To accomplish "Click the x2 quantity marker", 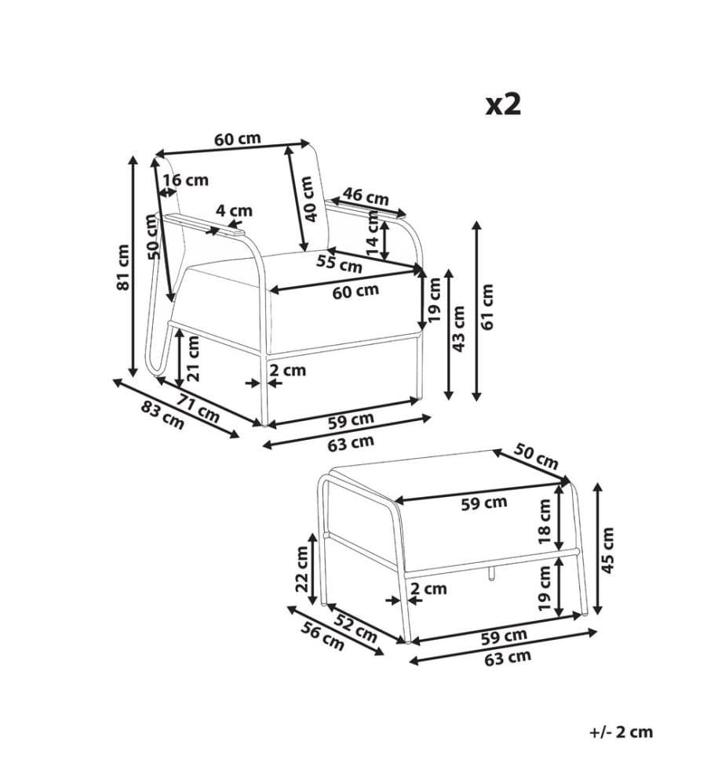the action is pos(504,105).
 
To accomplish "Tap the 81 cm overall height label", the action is pos(123,267).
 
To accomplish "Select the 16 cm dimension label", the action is pos(186,180).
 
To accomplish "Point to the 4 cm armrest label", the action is pos(234,210).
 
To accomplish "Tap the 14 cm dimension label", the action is pos(373,234).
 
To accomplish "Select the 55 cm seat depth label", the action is pos(339,263).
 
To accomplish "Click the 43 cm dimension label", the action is pos(457,328).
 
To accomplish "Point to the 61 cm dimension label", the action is pos(486,307).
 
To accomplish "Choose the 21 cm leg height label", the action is pos(193,358).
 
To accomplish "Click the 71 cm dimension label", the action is pos(199,408).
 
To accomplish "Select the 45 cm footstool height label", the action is pos(607,550).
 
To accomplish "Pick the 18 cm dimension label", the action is pos(544,522).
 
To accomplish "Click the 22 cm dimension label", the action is pos(302,569).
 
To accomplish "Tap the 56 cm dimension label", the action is pos(322,637).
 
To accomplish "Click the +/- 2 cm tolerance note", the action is pos(621,732).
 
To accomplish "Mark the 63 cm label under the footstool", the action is pos(508,658).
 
